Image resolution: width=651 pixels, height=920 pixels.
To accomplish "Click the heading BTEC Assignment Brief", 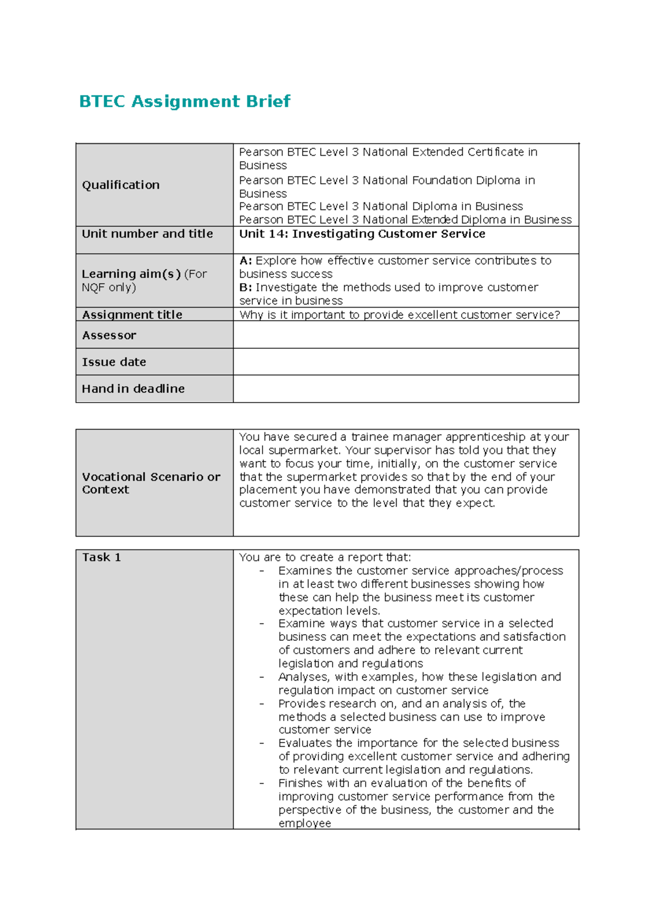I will coord(184,101).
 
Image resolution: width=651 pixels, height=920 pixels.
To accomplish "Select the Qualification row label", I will coord(120,185).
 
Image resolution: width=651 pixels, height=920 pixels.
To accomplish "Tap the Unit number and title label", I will coord(147,234).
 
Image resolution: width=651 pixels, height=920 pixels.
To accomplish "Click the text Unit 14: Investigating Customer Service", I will coord(362,234).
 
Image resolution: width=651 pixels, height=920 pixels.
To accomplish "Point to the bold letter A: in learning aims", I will coord(245,261).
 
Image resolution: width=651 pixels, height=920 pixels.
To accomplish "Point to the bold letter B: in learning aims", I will coord(245,287).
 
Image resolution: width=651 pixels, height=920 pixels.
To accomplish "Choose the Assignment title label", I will coord(132,315).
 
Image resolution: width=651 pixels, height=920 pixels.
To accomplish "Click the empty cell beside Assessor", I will coord(405,335).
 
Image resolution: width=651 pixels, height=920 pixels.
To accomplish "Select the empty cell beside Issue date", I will coord(405,362).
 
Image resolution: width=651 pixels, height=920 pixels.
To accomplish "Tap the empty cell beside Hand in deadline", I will coord(405,388).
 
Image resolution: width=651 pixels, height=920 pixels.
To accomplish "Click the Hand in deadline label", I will coord(133,388).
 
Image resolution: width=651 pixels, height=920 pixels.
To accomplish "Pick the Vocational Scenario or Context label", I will coord(151,483).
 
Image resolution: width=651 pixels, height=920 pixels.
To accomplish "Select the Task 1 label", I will coord(101,557).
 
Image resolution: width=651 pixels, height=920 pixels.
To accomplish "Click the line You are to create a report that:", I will coord(325,557).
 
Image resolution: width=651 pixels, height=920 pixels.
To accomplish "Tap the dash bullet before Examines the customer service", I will coord(262,571).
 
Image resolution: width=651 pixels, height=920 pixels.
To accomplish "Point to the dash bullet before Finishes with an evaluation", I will coord(262,783).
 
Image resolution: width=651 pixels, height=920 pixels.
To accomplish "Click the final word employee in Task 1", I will coord(304,823).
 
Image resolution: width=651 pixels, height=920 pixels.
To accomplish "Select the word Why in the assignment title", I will coord(251,315).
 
